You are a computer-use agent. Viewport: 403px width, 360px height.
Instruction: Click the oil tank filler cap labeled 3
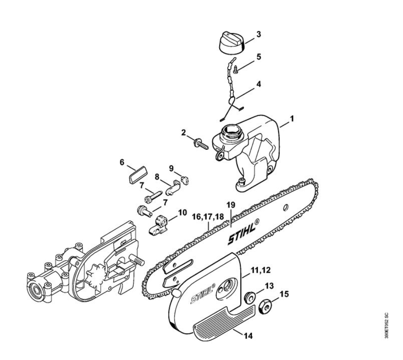tap(232, 43)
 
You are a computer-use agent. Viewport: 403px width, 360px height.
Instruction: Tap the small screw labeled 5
tap(236, 69)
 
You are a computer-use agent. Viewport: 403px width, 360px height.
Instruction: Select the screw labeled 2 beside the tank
tap(201, 144)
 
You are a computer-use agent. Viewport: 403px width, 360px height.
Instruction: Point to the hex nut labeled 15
tap(265, 306)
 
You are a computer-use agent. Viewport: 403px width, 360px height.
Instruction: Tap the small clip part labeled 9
tap(185, 179)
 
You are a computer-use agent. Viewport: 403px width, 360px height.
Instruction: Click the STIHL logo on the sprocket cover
tap(203, 293)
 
